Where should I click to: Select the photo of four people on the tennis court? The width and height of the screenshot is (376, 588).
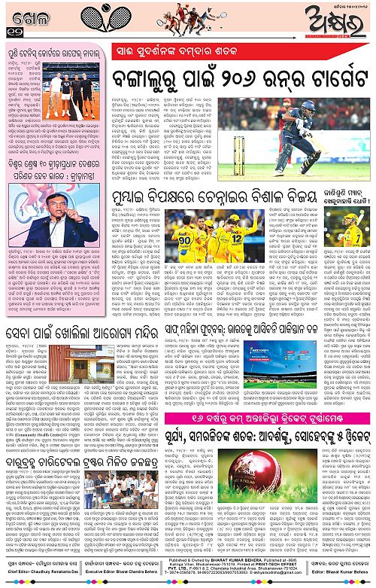(74, 87)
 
